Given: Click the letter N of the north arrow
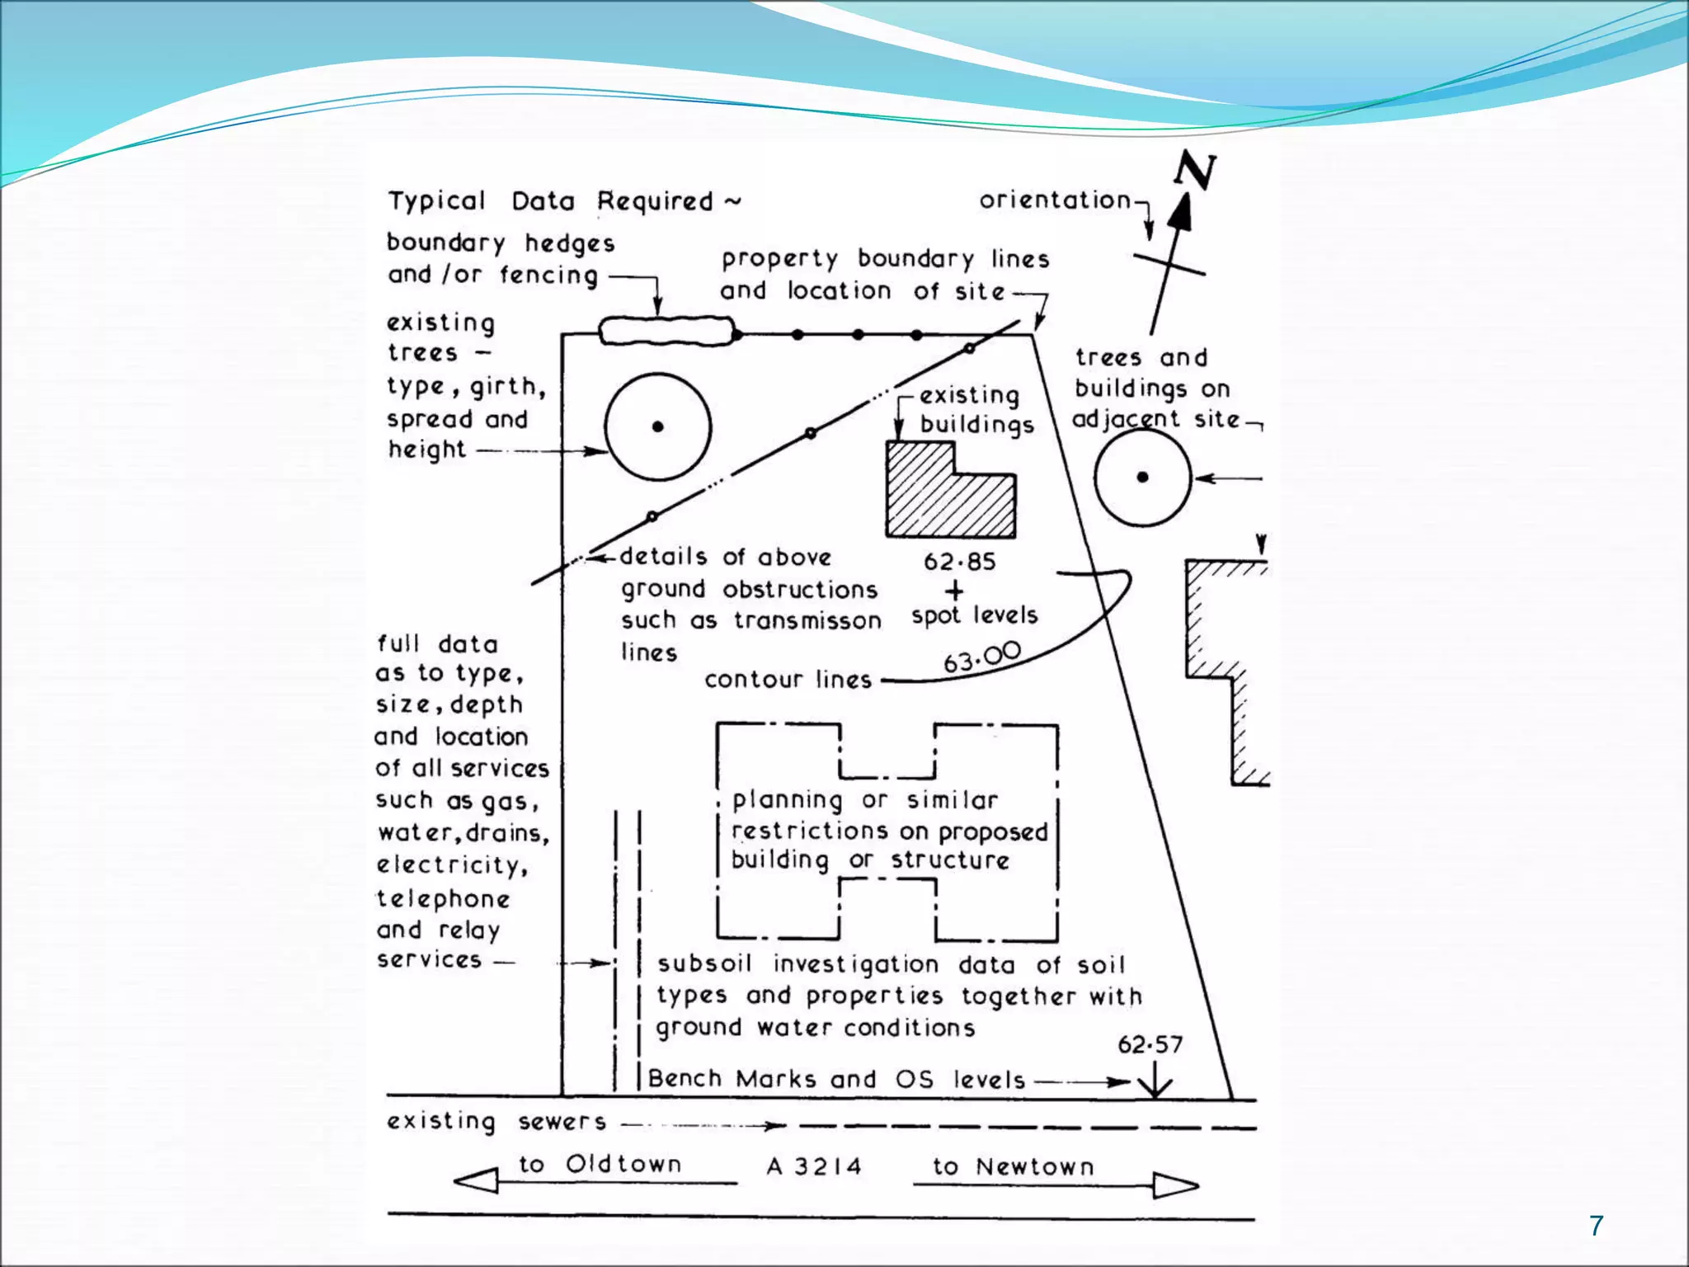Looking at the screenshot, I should tap(1195, 171).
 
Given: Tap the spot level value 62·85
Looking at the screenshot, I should tap(959, 562).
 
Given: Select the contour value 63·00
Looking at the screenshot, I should tap(981, 657).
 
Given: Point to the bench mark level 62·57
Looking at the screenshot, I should tap(1150, 1045).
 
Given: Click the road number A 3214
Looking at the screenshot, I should tap(814, 1166).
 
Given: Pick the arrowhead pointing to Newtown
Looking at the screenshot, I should tap(1175, 1185).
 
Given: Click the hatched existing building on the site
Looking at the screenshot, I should tap(948, 495).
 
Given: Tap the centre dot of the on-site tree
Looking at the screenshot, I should tap(657, 426).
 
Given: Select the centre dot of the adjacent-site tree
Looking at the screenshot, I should tap(1142, 477).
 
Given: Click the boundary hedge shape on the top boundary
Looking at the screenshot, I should tap(666, 331).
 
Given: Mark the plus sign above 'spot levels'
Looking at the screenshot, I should tap(954, 591).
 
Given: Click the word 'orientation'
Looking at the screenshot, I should tap(1055, 200).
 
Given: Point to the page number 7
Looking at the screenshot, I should tap(1597, 1226).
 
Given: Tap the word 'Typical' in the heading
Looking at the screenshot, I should tap(437, 201).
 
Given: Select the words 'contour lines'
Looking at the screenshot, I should tap(788, 680).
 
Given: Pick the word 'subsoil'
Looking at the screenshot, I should tap(704, 964).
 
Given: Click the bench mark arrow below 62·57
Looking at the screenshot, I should tap(1155, 1081).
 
